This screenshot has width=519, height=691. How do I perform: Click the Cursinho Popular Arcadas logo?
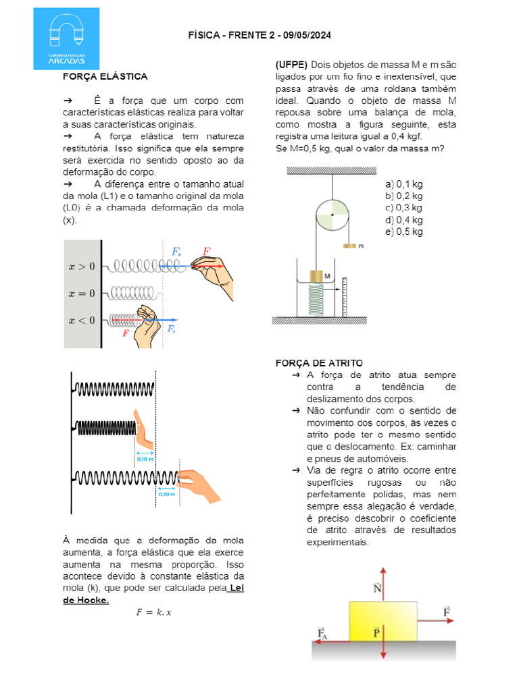66,38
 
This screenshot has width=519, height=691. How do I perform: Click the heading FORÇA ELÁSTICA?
105,77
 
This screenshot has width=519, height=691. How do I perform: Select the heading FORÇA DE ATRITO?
319,363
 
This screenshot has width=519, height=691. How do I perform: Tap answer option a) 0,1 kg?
403,184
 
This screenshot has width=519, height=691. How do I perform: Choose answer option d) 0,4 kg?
403,220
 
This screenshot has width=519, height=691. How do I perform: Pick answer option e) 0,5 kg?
403,232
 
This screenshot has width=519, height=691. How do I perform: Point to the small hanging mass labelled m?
350,246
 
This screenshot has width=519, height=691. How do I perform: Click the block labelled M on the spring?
316,277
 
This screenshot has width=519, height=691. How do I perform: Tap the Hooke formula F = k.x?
154,613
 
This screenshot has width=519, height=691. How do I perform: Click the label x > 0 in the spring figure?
82,266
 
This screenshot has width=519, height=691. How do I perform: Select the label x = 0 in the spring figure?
82,293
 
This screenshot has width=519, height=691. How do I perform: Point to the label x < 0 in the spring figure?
82,320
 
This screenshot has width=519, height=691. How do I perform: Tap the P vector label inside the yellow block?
376,632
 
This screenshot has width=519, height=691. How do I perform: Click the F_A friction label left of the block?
323,633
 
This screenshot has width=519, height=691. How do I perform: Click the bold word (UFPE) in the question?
291,65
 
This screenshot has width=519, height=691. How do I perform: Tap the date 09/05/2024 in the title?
305,35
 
